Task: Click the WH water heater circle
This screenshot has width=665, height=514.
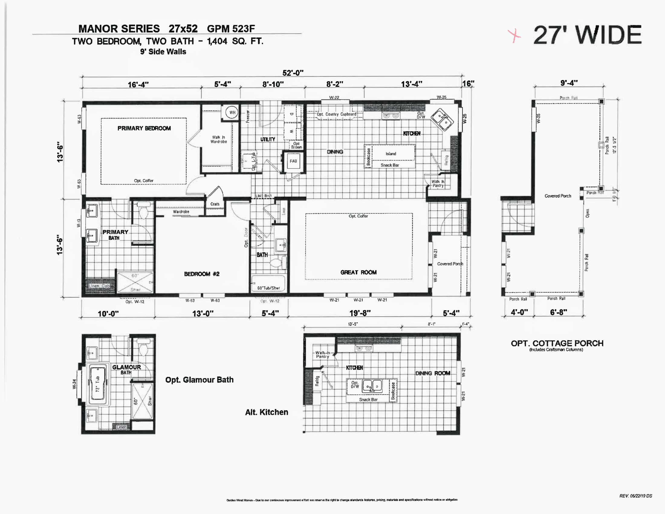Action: coord(232,112)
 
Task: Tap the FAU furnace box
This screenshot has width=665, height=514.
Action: coord(293,161)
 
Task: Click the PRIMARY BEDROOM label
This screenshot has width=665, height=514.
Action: coord(144,128)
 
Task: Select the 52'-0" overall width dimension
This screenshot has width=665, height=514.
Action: coord(293,73)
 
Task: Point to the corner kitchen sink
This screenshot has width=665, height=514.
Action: coord(443,119)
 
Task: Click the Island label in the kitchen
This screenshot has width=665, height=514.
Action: coord(391,154)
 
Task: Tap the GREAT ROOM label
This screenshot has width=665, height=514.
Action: coord(358,272)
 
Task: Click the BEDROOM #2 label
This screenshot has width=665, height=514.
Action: coord(202,274)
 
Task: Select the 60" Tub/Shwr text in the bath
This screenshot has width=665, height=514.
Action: coord(268,288)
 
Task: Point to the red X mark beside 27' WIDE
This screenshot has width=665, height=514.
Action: coord(514,36)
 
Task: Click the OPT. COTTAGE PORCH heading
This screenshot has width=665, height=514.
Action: coord(557,343)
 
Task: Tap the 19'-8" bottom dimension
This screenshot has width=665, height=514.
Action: coord(360,313)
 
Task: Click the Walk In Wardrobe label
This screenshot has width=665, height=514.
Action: coord(219,139)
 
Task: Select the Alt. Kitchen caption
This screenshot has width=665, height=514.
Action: coord(266,412)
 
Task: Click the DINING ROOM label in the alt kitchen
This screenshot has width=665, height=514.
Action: coord(433,373)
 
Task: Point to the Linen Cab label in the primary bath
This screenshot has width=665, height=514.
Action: coord(99,286)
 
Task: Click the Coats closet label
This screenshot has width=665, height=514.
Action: coord(215,204)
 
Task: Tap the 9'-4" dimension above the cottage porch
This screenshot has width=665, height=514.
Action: coord(569,83)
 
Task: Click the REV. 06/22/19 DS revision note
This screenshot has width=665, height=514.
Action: coord(635,496)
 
